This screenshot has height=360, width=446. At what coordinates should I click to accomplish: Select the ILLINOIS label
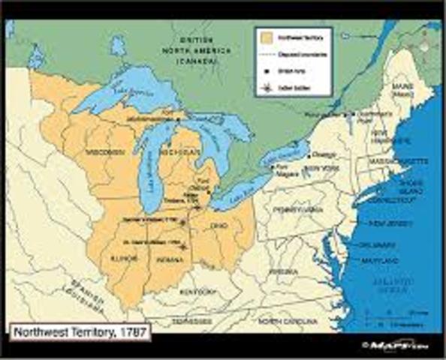(x=125, y=257)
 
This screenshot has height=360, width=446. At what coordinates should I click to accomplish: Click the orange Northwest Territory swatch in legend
(x=265, y=34)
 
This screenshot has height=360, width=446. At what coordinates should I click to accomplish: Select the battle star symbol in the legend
(x=265, y=88)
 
